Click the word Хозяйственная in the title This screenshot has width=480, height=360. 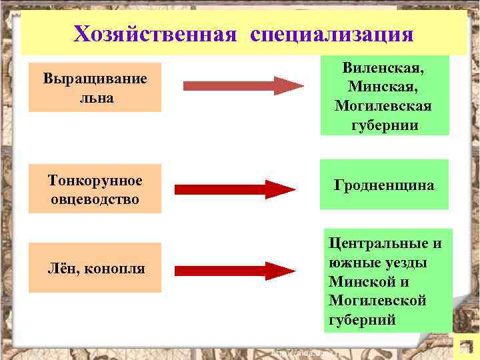pyautogui.click(x=155, y=33)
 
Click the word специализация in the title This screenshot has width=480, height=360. pyautogui.click(x=332, y=33)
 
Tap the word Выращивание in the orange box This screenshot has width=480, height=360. pyautogui.click(x=95, y=79)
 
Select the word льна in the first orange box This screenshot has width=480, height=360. pyautogui.click(x=95, y=97)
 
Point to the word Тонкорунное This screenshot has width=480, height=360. pyautogui.click(x=95, y=181)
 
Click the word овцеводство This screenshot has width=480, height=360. pyautogui.click(x=95, y=199)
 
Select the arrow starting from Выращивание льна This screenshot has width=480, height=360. pyautogui.click(x=243, y=86)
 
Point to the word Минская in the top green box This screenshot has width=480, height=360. pyautogui.click(x=383, y=87)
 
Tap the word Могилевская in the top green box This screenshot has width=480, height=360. pyautogui.click(x=383, y=107)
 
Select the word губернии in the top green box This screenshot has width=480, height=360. pyautogui.click(x=383, y=125)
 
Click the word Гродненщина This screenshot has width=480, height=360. pyautogui.click(x=384, y=185)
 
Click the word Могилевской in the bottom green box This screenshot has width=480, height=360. pyautogui.click(x=377, y=301)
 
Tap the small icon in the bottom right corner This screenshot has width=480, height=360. pyautogui.click(x=461, y=347)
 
